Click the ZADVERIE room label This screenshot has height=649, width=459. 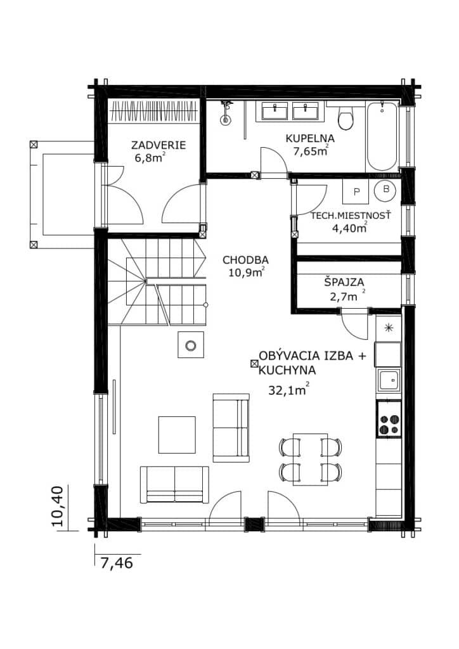point(158,145)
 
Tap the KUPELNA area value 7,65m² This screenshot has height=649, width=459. point(311,151)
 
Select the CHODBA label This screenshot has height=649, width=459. point(245,260)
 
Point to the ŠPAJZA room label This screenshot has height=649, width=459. point(344,282)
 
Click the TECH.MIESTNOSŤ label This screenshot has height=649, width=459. point(351,215)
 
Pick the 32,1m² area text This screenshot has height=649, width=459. point(288,390)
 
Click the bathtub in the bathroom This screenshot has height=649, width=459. point(382,136)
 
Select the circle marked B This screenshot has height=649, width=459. point(385,190)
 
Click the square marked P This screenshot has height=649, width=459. point(356,191)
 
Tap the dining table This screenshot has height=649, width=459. point(311,459)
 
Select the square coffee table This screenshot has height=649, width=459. point(177,435)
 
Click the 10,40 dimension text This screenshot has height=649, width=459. point(58,506)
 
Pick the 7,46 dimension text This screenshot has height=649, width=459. point(117,563)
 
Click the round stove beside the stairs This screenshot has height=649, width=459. point(191,345)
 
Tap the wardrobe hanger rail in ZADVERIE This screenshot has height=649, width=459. point(155,111)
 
